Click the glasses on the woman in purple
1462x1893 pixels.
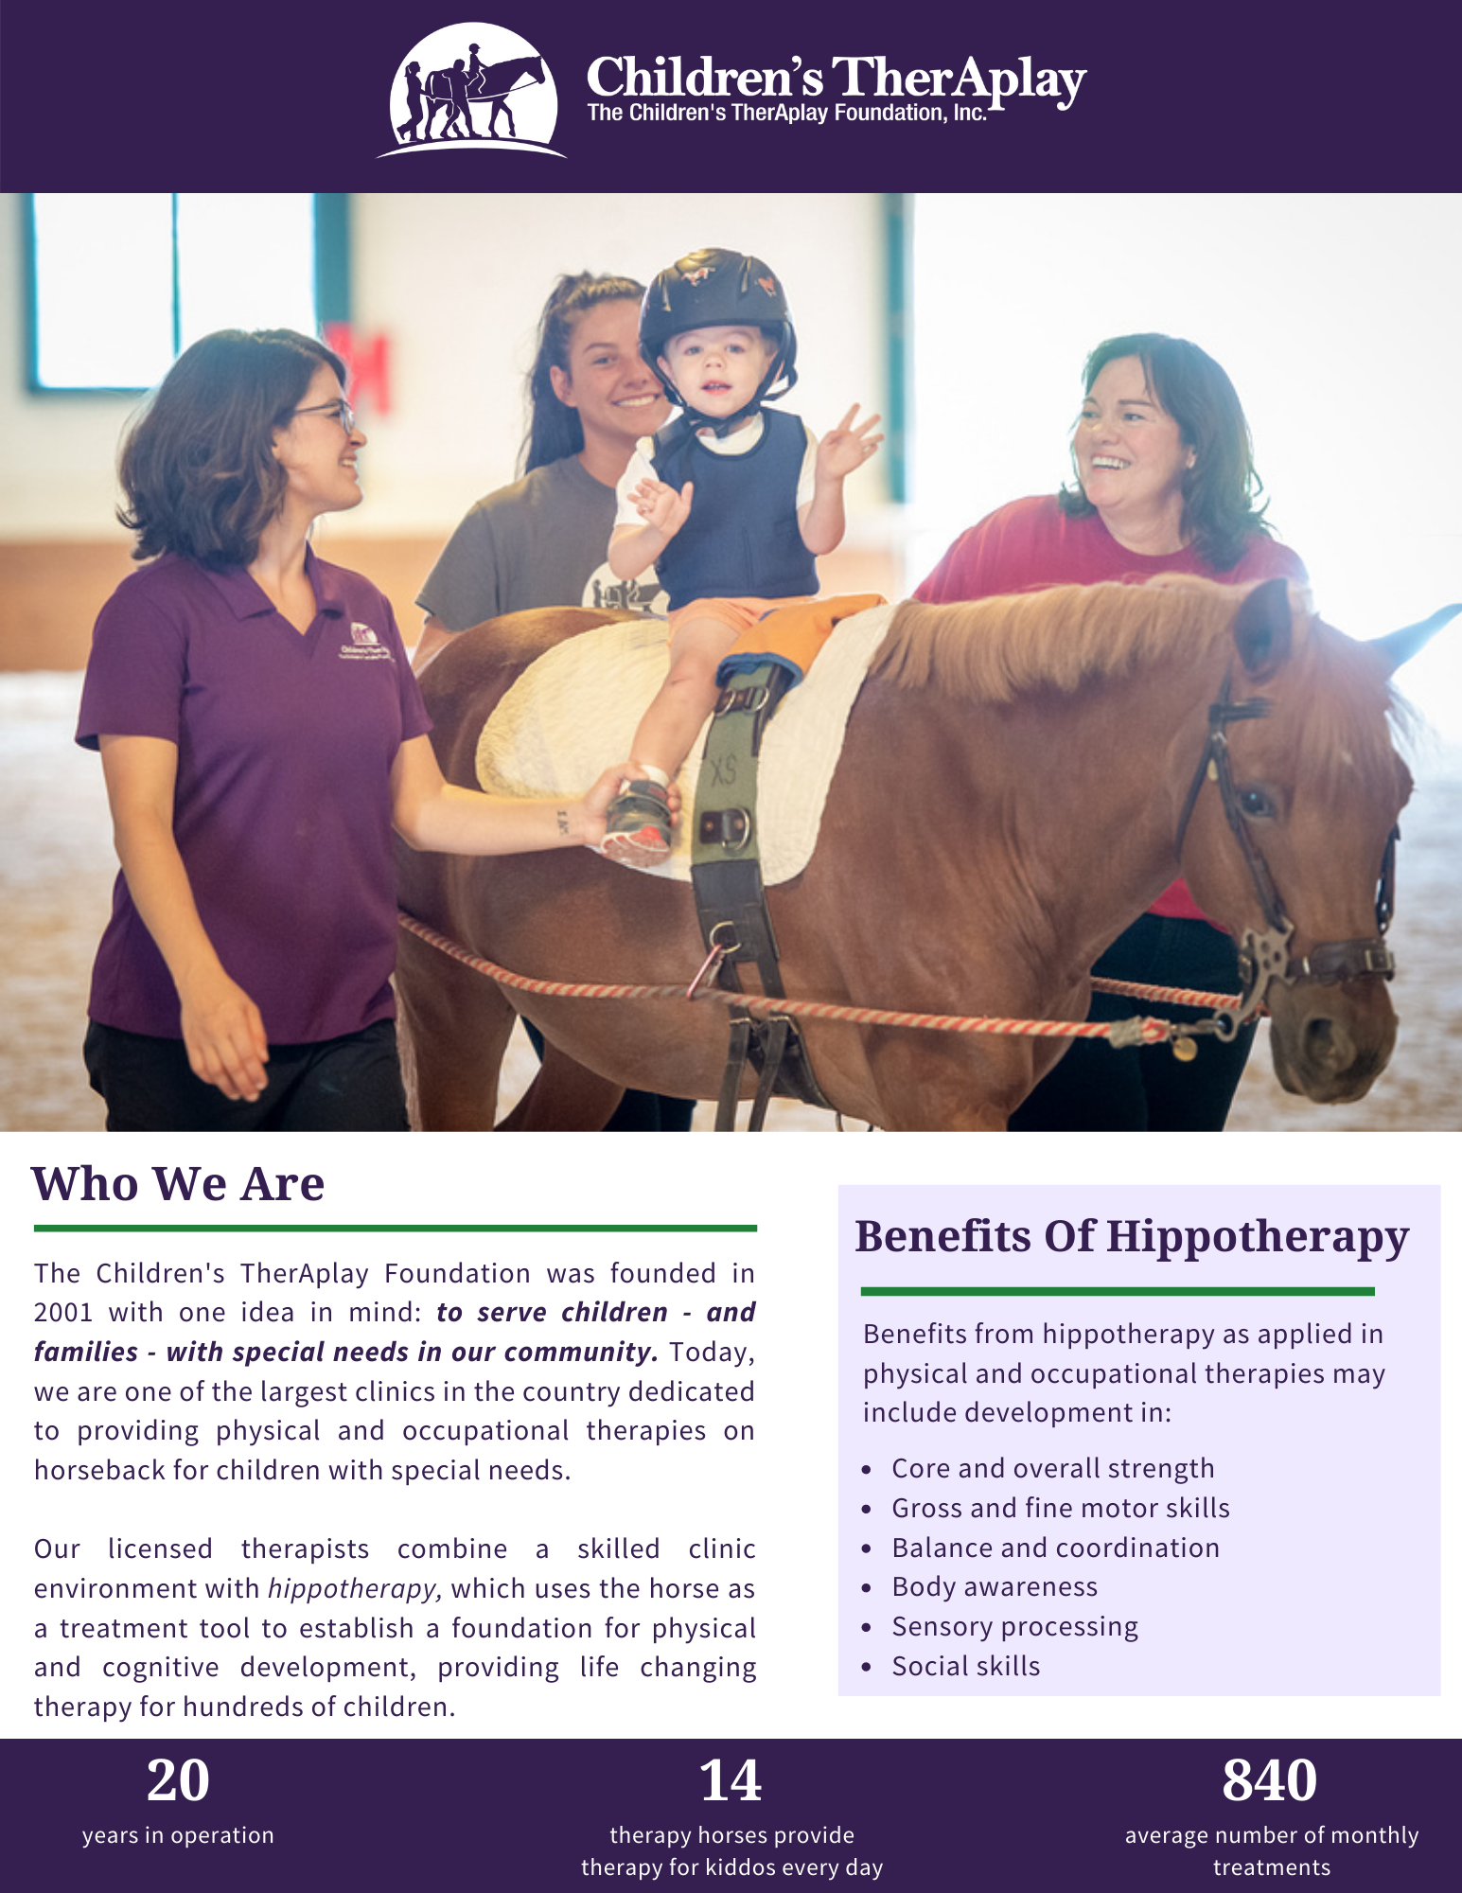[x=326, y=414]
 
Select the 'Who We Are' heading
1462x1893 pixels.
[x=178, y=1183]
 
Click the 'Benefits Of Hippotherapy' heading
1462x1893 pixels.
[x=1132, y=1236]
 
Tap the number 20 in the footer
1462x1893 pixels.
[x=178, y=1780]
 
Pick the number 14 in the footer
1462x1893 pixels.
[x=731, y=1780]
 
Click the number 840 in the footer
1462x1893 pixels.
[x=1270, y=1780]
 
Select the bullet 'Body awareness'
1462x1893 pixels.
[x=995, y=1586]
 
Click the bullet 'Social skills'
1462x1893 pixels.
[x=966, y=1666]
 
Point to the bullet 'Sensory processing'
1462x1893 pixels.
[x=1015, y=1627]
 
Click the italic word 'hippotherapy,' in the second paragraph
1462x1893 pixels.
[x=355, y=1588]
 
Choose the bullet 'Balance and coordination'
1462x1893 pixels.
[x=1056, y=1548]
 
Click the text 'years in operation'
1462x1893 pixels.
[x=178, y=1835]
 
